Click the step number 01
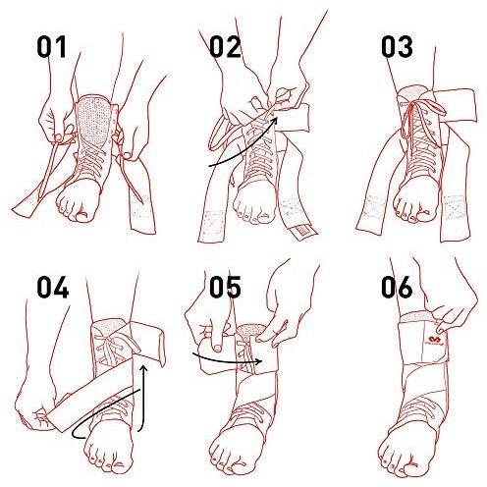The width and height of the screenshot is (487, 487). click(51, 47)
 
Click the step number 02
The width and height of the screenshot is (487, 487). click(225, 47)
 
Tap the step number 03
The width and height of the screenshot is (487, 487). click(397, 47)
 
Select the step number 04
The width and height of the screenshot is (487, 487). click(52, 287)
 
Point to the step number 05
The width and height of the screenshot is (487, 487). click(225, 287)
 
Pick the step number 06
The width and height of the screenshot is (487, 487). click(397, 287)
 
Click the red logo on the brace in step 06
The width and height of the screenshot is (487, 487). click(435, 340)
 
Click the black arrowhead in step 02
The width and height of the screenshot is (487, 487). click(274, 121)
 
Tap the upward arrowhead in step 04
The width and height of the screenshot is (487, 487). click(142, 369)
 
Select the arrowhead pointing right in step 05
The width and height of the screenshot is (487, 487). click(259, 361)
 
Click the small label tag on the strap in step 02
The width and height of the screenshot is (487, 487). click(303, 232)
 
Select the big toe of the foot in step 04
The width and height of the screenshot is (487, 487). click(117, 464)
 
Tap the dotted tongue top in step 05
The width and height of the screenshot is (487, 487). click(251, 332)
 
